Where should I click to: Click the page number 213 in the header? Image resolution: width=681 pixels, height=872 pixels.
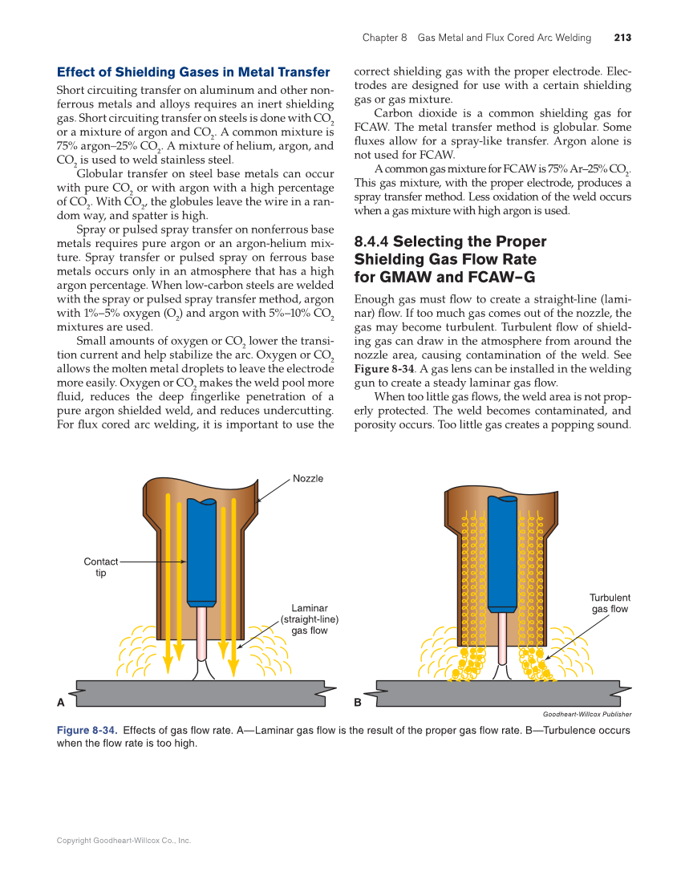pyautogui.click(x=622, y=38)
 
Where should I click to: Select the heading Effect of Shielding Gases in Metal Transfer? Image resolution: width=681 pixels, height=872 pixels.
pyautogui.click(x=193, y=72)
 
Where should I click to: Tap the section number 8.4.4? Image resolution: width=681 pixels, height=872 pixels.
pyautogui.click(x=371, y=241)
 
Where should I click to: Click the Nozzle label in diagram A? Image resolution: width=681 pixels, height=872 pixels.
pyautogui.click(x=308, y=478)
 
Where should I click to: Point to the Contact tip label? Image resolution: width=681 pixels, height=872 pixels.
pyautogui.click(x=101, y=567)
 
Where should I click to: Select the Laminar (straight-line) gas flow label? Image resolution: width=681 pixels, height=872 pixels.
pyautogui.click(x=309, y=619)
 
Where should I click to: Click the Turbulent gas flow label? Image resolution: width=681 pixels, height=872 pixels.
pyautogui.click(x=610, y=603)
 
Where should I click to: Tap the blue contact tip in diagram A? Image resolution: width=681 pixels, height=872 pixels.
pyautogui.click(x=201, y=554)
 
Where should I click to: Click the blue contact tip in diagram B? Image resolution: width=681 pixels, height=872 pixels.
pyautogui.click(x=502, y=554)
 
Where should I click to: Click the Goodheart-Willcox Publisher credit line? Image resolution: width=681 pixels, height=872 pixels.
pyautogui.click(x=587, y=714)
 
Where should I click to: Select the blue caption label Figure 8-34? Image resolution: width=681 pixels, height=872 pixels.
pyautogui.click(x=87, y=731)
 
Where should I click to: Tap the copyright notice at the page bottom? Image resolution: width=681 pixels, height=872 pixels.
pyautogui.click(x=124, y=841)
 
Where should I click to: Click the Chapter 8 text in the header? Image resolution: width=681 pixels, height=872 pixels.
pyautogui.click(x=385, y=38)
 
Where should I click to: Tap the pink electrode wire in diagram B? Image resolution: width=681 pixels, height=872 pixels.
pyautogui.click(x=502, y=638)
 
